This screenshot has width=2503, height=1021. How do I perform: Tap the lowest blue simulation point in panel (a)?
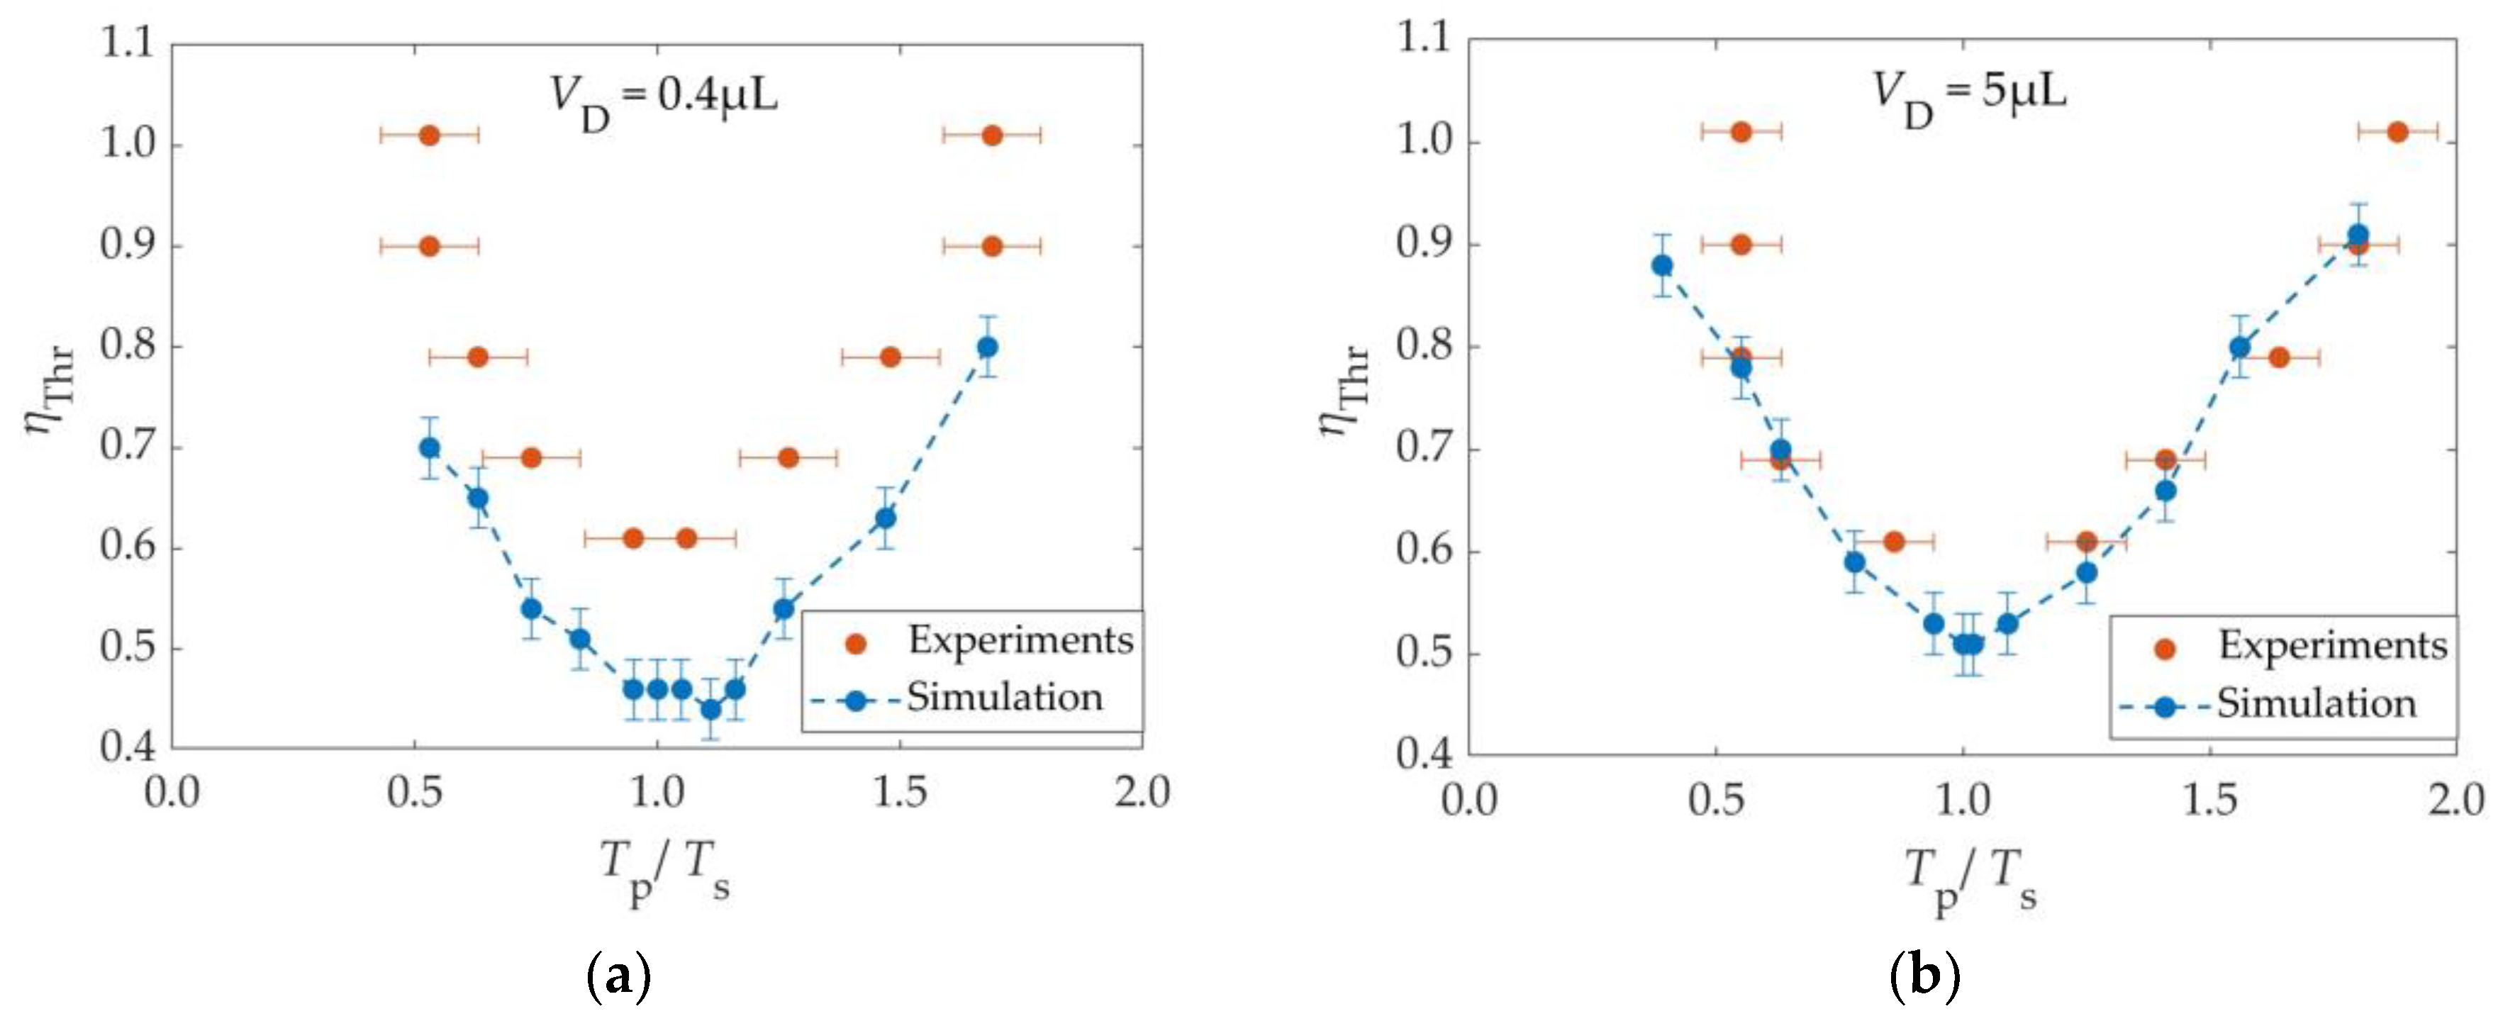pos(711,709)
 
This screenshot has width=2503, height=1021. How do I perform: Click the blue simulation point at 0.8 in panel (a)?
pos(987,347)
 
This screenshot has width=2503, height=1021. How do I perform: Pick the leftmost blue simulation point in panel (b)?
pos(1663,265)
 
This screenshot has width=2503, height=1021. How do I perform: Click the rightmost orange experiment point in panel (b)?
pos(2397,132)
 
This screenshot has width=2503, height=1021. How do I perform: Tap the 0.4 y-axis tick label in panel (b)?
pos(1425,756)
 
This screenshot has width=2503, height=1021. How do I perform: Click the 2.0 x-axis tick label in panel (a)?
pos(1142,793)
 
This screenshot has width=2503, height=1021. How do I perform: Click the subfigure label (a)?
pos(618,977)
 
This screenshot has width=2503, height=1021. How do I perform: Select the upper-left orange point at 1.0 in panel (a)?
pos(430,135)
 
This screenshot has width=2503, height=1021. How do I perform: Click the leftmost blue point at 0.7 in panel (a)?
pos(430,448)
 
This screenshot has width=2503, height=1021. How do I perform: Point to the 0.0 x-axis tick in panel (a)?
pos(172,793)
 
